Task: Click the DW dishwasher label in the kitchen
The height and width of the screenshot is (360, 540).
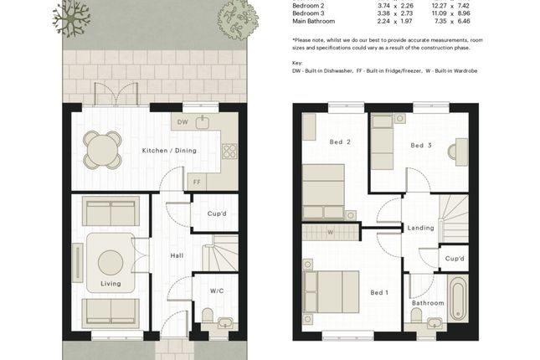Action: point(183,122)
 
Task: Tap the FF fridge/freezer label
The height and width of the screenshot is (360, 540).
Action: point(197,182)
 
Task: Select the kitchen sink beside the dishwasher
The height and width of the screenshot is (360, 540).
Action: point(203,122)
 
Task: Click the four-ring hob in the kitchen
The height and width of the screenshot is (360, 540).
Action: point(229,152)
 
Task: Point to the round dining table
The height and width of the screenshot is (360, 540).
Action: point(102,150)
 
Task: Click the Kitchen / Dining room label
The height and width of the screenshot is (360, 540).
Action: point(169,151)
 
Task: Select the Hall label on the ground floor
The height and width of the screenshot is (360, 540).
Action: point(177,255)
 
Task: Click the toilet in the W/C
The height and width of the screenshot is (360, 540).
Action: point(208,316)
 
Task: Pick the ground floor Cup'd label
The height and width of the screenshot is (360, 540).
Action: point(217,213)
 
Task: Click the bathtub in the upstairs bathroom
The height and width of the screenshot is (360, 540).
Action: point(458,298)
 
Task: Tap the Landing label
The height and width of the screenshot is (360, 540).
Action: point(421,228)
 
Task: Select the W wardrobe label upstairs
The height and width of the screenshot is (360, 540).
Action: point(330,233)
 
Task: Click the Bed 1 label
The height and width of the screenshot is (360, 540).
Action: point(379,292)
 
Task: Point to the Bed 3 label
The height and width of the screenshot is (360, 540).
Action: point(421,146)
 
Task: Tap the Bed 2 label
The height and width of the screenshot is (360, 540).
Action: point(340,142)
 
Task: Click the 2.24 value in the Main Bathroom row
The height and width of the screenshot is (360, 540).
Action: point(383,22)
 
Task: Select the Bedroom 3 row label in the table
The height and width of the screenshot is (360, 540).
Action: point(308,13)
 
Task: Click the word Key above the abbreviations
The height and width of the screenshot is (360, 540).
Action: point(297,63)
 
